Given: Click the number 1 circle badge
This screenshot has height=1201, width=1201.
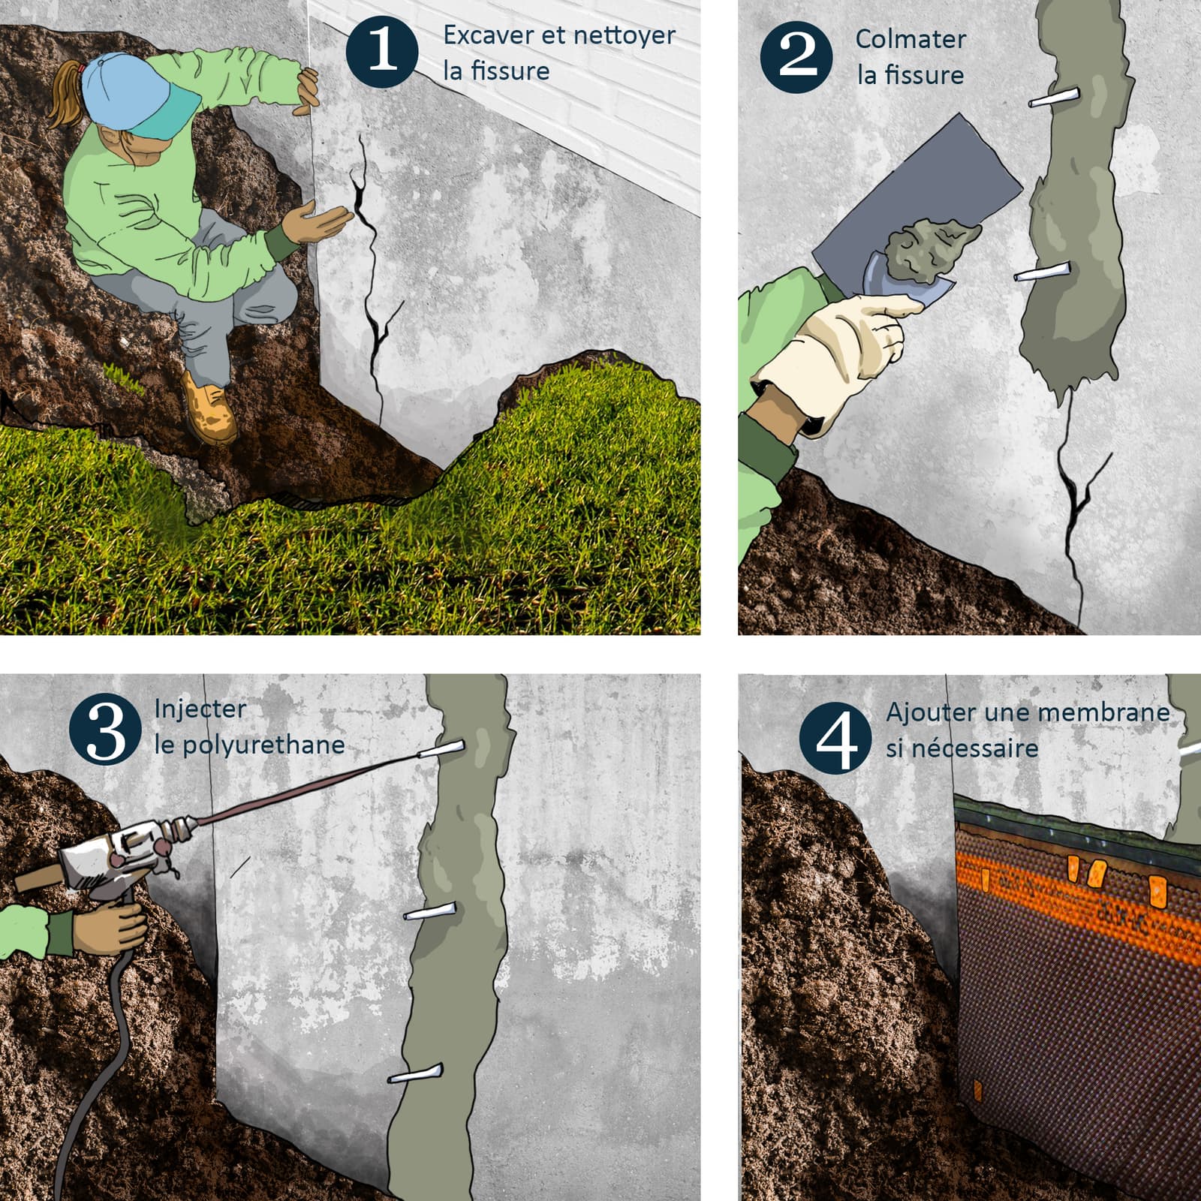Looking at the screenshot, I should point(382,51).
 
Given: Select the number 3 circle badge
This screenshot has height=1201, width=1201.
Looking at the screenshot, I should point(105,730).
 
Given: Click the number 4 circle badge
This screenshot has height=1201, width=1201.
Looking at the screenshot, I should point(835,736).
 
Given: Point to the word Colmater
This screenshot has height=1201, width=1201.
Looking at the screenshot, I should point(910,39).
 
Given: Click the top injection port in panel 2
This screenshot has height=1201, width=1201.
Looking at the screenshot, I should point(1055,98).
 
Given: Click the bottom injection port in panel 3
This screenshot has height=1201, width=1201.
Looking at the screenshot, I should point(416,1073).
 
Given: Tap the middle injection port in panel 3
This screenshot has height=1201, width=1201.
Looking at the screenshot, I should point(429,912).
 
